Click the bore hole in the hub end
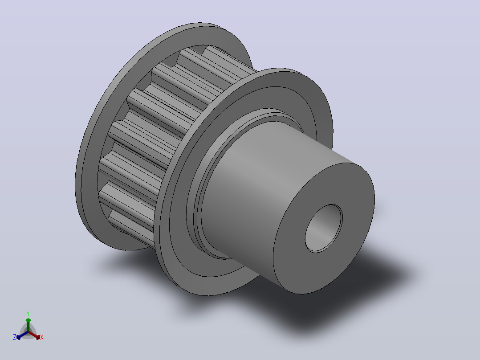click(x=324, y=228)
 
